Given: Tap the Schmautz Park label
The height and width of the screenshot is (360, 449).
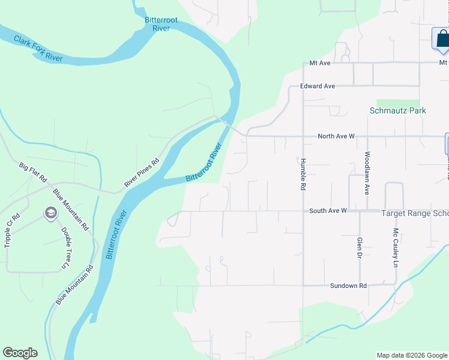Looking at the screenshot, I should (397, 110).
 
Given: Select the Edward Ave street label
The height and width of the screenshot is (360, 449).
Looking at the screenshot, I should (318, 86).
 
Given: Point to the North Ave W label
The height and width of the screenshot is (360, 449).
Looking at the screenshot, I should (336, 136).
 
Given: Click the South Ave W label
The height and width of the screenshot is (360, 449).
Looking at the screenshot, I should (328, 211).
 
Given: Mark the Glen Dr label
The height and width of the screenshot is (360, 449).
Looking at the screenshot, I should (359, 248).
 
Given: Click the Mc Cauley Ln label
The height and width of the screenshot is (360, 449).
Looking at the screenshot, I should (396, 248).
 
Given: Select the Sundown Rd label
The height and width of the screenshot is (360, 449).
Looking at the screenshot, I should (348, 286).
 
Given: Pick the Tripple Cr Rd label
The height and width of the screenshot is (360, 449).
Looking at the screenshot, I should (8, 230).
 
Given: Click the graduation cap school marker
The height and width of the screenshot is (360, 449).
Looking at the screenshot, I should (50, 213).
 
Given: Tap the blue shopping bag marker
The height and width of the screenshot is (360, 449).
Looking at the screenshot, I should (442, 39).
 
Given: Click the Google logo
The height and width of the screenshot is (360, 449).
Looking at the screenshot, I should (20, 353).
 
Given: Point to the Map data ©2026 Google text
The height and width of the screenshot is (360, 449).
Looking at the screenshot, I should (411, 355).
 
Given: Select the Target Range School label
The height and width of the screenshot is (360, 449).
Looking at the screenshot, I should (415, 213).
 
